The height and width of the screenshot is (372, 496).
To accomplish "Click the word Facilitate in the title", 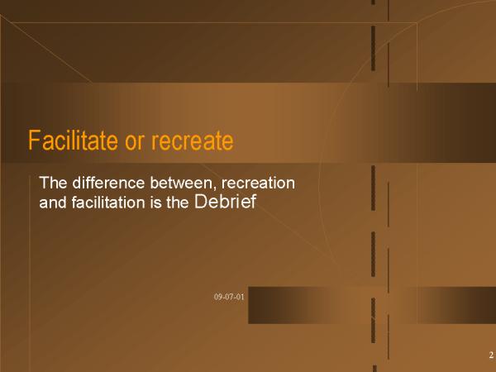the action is (73, 141).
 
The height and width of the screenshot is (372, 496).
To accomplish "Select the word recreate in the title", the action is (193, 141).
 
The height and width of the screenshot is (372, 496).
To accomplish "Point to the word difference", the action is (108, 183).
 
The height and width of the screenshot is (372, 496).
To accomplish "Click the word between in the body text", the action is (182, 183).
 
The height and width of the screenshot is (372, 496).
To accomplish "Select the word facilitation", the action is (108, 203).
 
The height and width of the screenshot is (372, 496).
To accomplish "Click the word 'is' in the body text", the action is (156, 203).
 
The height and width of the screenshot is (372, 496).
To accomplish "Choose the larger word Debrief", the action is (225, 201).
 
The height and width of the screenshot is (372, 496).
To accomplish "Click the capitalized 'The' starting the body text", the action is (53, 183).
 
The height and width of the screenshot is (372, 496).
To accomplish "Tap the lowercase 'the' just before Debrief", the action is (178, 203).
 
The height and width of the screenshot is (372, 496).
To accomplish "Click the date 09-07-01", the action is (229, 297).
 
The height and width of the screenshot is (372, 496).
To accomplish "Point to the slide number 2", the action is (491, 355).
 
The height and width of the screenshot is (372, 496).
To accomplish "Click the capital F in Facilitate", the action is (35, 141).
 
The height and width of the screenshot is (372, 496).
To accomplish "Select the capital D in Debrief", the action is (201, 201).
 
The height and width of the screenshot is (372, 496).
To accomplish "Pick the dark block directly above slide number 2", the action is (456, 305).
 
